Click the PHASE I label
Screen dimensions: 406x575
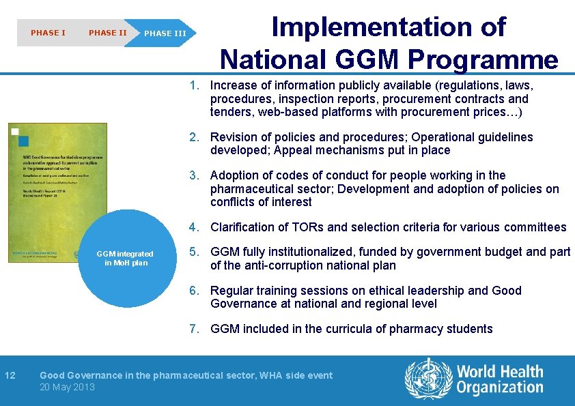[48, 33]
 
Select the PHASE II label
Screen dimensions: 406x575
[107, 33]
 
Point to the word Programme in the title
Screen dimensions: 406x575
[483, 60]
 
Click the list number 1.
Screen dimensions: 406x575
[195, 86]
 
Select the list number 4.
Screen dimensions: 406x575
[195, 227]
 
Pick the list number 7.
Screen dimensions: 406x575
[195, 329]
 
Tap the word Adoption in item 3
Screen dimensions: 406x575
[234, 175]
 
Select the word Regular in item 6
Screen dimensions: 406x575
[232, 291]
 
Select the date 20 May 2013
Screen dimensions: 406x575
[67, 388]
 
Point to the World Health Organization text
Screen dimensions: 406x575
[500, 379]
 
